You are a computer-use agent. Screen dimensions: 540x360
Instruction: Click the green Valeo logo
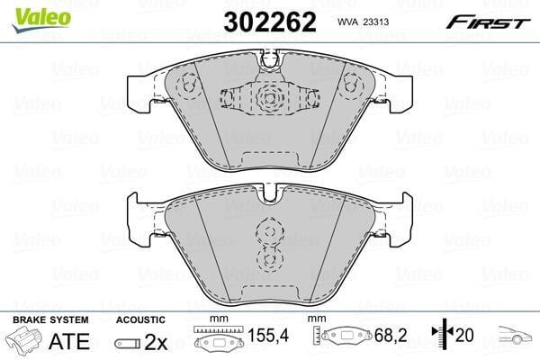(x=41, y=19)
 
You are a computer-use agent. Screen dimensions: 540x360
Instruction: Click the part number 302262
(x=270, y=22)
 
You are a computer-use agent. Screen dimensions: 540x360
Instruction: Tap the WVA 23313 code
(x=363, y=22)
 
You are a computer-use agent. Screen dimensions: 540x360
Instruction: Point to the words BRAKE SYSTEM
(x=50, y=320)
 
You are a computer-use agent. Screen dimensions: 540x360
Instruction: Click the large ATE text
(x=69, y=341)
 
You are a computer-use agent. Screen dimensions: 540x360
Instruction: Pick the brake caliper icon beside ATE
(x=24, y=341)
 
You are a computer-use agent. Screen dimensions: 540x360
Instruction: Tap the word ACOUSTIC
(x=140, y=320)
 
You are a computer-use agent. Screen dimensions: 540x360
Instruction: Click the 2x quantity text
(x=156, y=342)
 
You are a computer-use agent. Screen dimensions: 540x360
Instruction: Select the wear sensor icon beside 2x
(x=128, y=343)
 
